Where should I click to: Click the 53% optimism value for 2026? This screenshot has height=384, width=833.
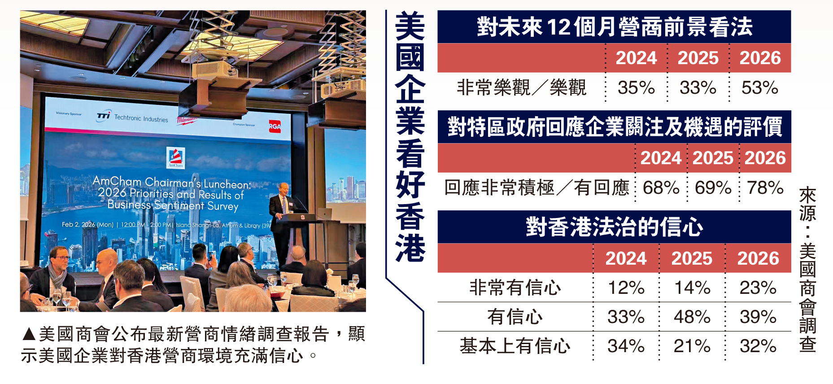[x=760, y=87]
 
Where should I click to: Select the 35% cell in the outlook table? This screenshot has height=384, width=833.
[x=636, y=87]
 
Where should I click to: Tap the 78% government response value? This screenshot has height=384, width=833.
[x=765, y=188]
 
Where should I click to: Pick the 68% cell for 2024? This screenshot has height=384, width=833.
[x=661, y=188]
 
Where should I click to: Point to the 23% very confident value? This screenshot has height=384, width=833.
[x=758, y=288]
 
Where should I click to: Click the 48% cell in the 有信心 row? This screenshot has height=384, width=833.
[x=692, y=317]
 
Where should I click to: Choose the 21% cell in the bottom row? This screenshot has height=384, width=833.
[x=692, y=346]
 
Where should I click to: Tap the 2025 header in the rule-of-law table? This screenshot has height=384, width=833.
[x=692, y=258]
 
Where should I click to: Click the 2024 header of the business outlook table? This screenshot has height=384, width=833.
[x=636, y=58]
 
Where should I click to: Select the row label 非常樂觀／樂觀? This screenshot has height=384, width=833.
[x=521, y=87]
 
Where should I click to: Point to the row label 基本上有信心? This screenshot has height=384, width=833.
[x=515, y=346]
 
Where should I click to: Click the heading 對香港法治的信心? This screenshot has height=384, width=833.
[x=615, y=227]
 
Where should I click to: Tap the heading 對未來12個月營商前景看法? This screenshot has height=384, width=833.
[x=615, y=26]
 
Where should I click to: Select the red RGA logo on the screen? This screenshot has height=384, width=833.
[x=275, y=127]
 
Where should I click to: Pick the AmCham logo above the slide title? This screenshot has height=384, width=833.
[x=175, y=157]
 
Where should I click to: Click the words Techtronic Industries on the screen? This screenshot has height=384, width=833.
[x=141, y=118]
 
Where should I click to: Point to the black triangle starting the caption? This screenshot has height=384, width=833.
[x=29, y=334]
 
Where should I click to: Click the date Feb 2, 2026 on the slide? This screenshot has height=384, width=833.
[x=79, y=224]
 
